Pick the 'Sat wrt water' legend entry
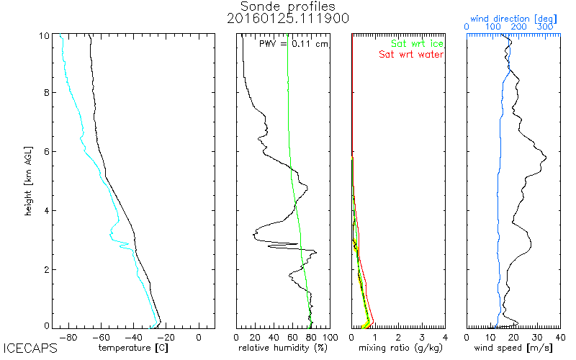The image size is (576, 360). click(411, 54)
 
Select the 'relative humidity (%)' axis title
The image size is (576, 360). click(283, 347)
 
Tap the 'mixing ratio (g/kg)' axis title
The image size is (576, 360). click(398, 347)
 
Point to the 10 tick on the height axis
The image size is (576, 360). click(44, 34)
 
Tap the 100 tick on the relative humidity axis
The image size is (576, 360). click(330, 336)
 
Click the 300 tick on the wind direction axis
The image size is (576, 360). click(545, 27)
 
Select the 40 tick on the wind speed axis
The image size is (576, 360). click(560, 336)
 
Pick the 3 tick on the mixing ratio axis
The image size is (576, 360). click(421, 336)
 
